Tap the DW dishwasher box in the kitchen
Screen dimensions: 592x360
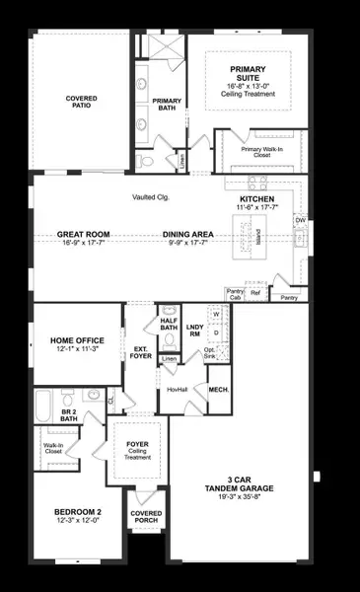[301, 220]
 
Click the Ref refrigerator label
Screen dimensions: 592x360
[255, 293]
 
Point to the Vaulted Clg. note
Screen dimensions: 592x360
[150, 197]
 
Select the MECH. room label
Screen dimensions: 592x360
[219, 390]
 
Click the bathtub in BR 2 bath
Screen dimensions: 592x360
[43, 405]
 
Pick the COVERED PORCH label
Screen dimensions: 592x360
[146, 517]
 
